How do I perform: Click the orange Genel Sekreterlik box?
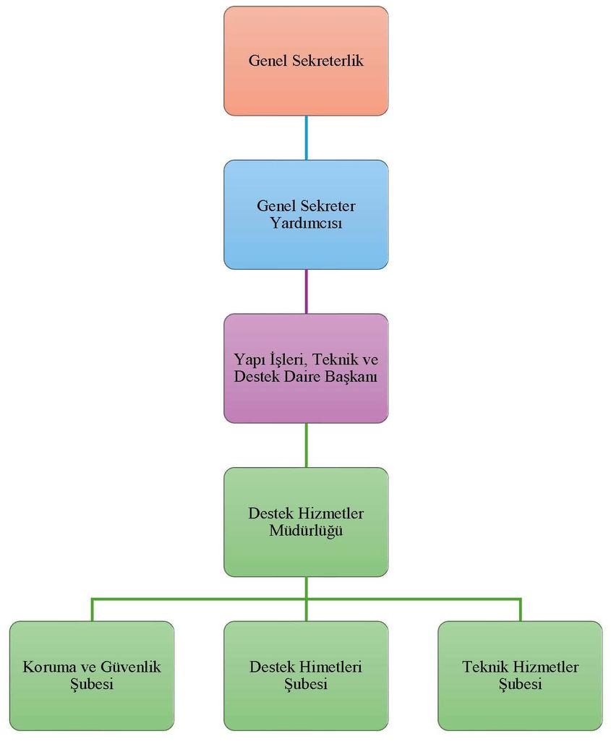[x=306, y=61]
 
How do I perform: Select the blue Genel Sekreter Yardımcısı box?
[x=306, y=214]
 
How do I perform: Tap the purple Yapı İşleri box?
[x=306, y=368]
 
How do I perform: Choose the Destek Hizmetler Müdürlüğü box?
[x=306, y=522]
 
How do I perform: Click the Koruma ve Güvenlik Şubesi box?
[x=92, y=675]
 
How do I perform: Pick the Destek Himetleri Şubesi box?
[x=306, y=675]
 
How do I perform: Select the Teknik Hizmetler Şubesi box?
[x=520, y=675]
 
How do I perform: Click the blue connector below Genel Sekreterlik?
[x=306, y=137]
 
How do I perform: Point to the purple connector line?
[x=306, y=291]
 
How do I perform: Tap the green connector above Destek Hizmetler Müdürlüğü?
[x=306, y=445]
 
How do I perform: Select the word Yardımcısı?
[x=306, y=223]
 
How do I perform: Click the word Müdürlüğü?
[x=306, y=531]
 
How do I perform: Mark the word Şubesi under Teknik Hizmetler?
[x=520, y=684]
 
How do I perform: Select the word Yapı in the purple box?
[x=248, y=359]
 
